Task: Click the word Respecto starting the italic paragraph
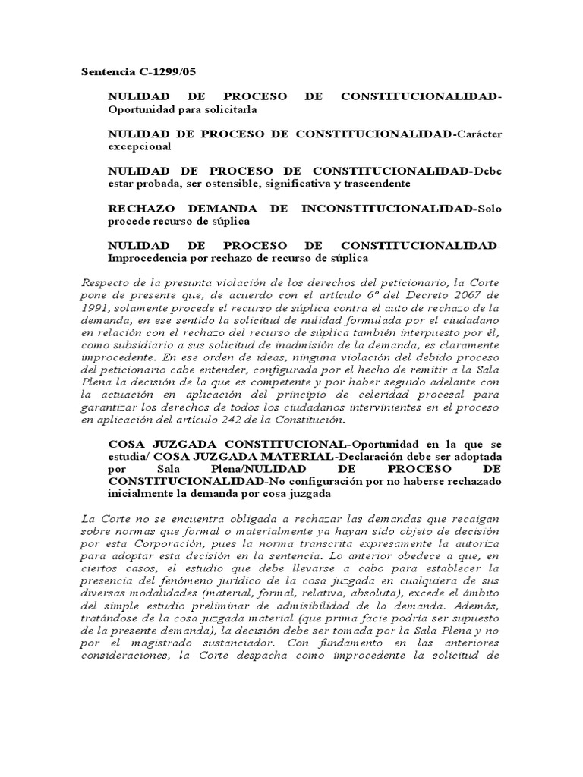(106, 283)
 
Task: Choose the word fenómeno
(196, 580)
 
